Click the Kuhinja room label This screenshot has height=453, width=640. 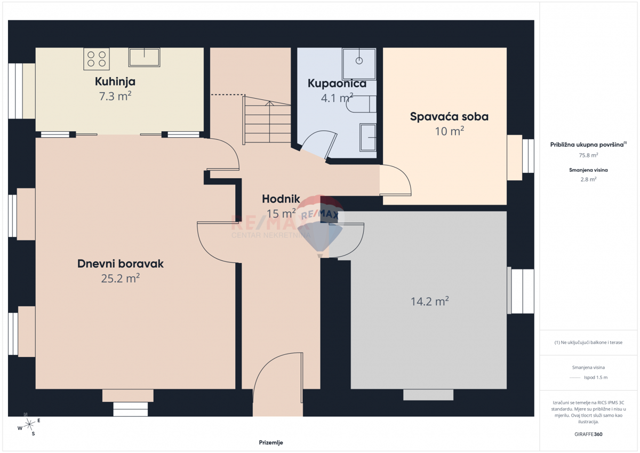point(115,82)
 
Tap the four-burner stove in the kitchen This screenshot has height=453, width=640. point(97,59)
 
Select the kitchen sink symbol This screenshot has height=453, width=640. point(145,57)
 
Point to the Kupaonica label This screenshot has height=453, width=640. point(337,83)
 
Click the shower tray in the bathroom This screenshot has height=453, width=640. point(359,63)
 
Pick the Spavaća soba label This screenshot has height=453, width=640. point(449,117)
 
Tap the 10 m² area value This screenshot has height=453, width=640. point(449,131)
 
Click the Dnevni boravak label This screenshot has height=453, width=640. point(121,264)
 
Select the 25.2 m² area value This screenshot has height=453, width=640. point(121,278)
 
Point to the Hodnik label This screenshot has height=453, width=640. point(281,199)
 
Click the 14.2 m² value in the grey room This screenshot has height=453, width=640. point(429,301)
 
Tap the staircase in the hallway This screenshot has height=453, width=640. point(267,120)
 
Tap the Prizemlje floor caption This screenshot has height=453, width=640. point(271,443)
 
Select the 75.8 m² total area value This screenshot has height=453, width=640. point(588,155)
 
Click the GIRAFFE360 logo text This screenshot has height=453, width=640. point(588,434)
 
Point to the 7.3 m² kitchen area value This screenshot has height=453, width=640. point(115,97)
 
